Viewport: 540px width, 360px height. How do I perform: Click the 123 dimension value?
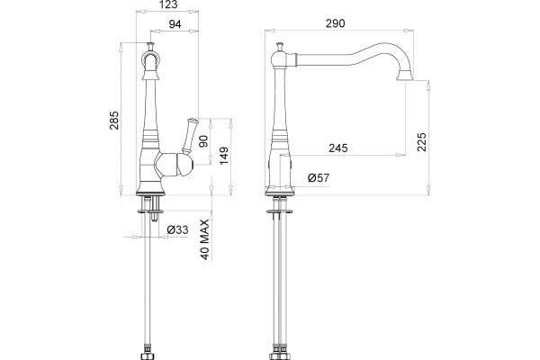pos(169,4)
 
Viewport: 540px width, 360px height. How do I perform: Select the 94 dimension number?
pos(175,24)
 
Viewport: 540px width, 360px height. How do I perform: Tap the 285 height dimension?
pos(114,121)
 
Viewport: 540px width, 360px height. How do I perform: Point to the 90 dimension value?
pos(204,141)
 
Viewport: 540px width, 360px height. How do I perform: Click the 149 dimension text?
pos(224,156)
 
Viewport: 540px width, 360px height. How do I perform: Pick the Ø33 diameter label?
pos(177,229)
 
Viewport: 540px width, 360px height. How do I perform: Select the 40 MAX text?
pos(204,239)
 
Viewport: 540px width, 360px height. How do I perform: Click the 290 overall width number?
pos(335,23)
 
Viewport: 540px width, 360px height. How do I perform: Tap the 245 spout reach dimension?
pos(337,148)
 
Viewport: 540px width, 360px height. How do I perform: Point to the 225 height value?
pos(421,142)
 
